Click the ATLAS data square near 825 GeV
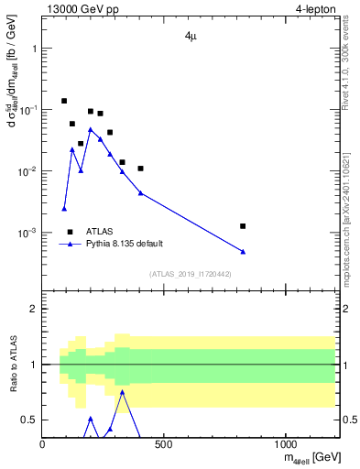tap(243, 225)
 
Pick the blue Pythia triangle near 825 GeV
tap(243, 251)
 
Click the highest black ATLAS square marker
tap(64, 101)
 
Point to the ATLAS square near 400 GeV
tap(140, 169)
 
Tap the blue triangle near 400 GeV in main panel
tap(140, 192)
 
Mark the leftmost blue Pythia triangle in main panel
tap(64, 208)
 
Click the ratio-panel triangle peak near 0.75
tap(122, 392)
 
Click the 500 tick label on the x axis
tap(164, 444)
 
